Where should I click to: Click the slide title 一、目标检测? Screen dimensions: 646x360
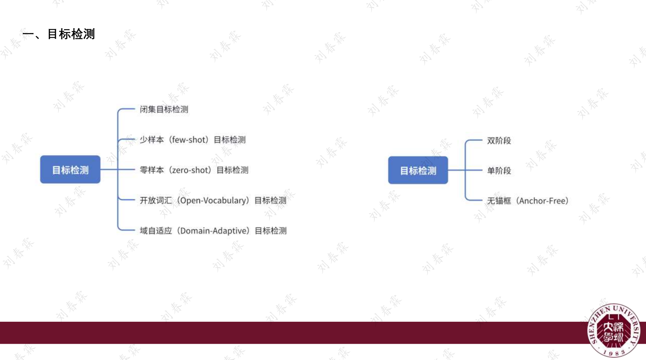click(59, 34)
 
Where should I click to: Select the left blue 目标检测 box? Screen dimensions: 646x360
click(70, 170)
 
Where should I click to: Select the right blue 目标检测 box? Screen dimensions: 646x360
click(418, 170)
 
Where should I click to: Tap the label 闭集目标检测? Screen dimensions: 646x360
click(164, 109)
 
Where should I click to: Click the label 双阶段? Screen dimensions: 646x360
click(499, 140)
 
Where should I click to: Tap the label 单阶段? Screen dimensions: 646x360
click(499, 171)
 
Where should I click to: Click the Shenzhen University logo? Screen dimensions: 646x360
click(614, 330)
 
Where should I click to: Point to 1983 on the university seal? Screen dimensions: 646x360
click(614, 353)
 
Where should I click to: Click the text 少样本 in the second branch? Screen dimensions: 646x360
click(152, 140)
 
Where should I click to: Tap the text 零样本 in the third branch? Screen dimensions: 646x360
click(152, 170)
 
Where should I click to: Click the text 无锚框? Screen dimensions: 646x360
click(499, 201)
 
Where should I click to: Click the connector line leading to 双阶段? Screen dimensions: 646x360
click(474, 140)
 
